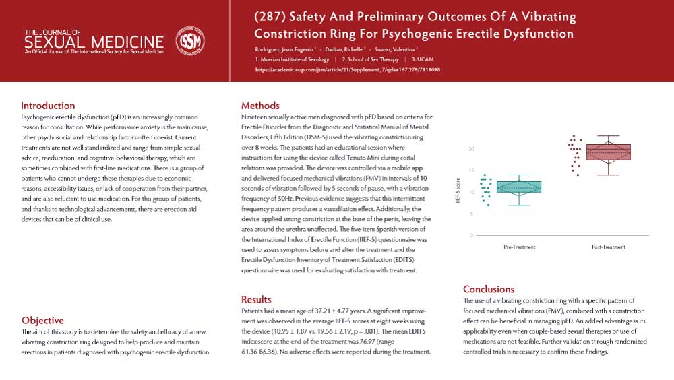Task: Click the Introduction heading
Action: point(48,106)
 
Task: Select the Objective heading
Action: point(42,321)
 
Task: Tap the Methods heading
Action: point(260,106)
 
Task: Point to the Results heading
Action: point(256,299)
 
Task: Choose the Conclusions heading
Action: point(489,289)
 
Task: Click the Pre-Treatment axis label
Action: point(520,247)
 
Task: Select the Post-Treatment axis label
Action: point(609,247)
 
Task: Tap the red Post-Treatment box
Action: point(609,152)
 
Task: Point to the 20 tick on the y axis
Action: point(472,149)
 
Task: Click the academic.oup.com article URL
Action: point(348,69)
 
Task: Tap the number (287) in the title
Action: point(271,17)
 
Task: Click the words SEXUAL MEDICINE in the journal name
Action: point(94,42)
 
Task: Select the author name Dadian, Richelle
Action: point(343,49)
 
